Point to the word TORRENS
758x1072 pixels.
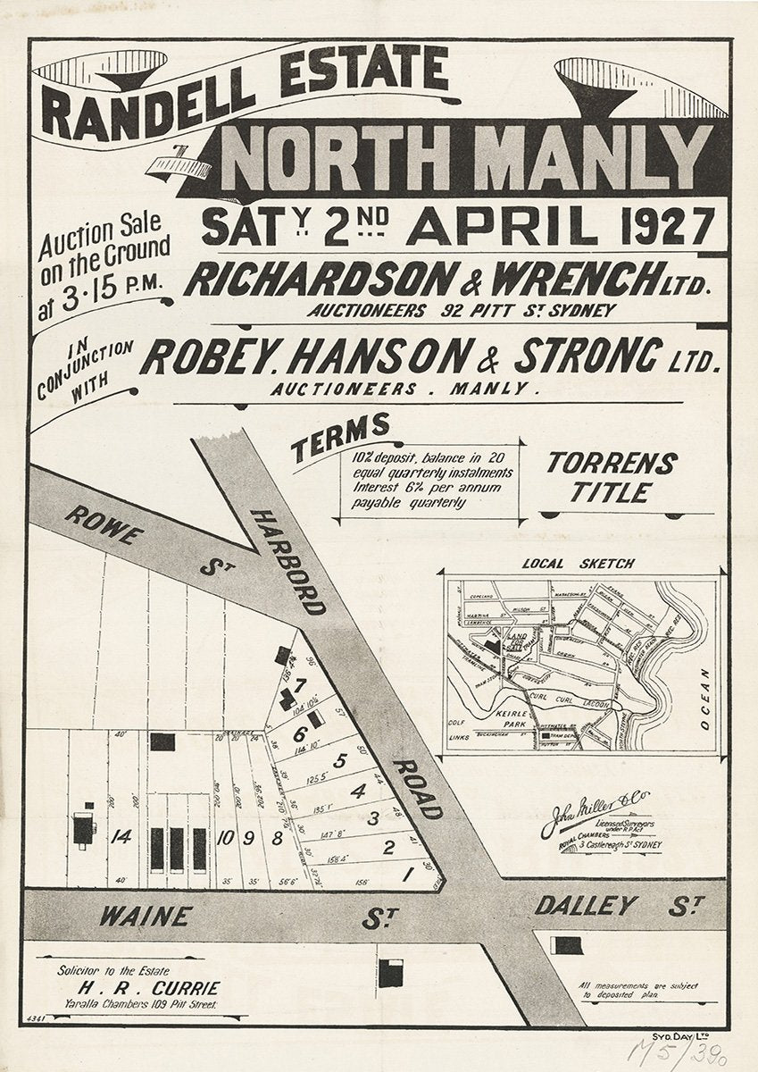(x=612, y=464)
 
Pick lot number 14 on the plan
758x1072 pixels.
(x=123, y=837)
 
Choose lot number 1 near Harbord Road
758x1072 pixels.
(x=407, y=875)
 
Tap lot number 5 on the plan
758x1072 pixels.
(x=338, y=761)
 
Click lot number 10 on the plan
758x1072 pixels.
(x=224, y=837)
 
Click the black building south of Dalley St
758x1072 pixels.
(x=568, y=944)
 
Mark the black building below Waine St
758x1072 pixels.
(x=390, y=973)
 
